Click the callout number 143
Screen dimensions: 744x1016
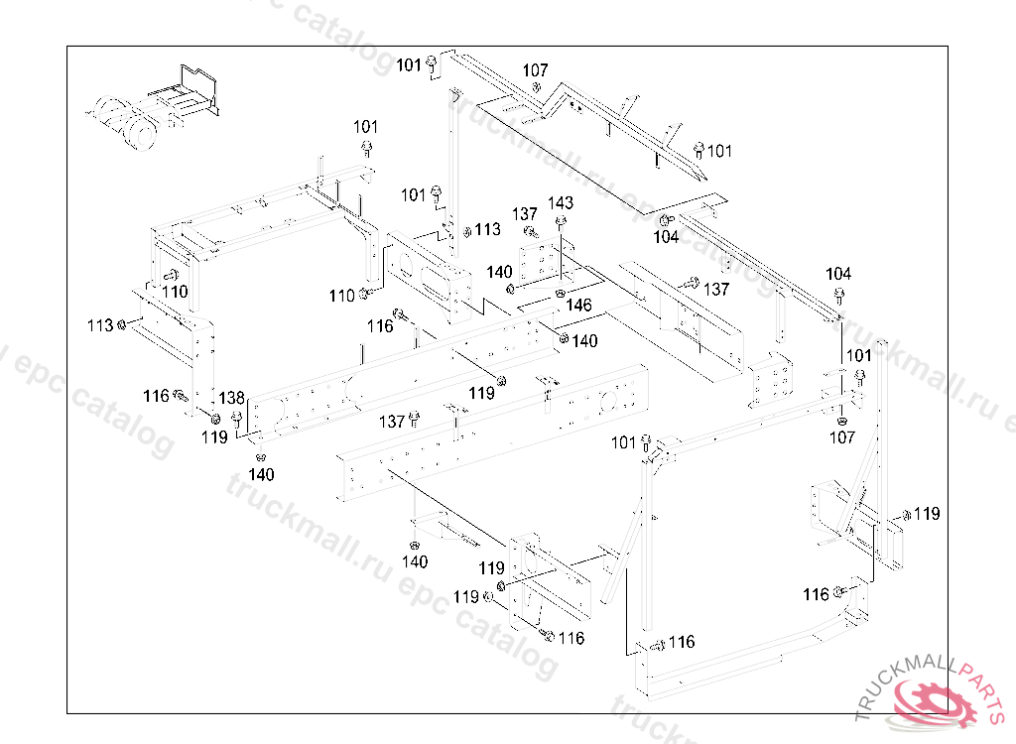point(561,203)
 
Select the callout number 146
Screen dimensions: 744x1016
point(578,306)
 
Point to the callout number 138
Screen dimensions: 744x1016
point(231,398)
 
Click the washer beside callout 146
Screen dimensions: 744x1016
point(561,293)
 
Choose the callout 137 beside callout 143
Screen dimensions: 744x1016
point(525,214)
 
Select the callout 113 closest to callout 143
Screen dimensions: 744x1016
point(487,229)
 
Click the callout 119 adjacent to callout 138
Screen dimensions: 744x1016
point(214,436)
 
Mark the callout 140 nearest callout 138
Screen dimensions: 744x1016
point(261,475)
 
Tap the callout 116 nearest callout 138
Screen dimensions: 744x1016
point(156,396)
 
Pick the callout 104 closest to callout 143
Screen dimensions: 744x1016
point(666,237)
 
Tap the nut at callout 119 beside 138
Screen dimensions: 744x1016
point(215,416)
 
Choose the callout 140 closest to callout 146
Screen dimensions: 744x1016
point(585,340)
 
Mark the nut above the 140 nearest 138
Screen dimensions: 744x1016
point(261,457)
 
